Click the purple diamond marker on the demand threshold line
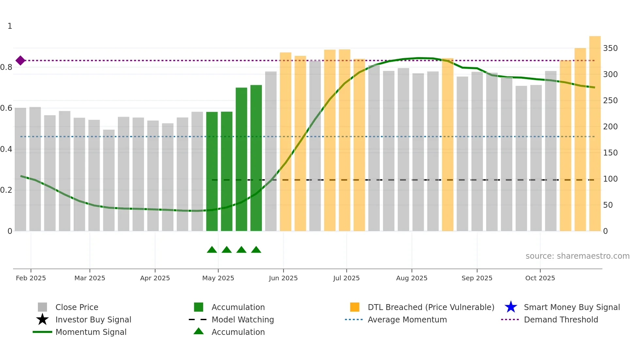20,60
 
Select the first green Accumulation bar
212,172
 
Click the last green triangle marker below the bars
256,250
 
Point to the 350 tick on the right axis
610,48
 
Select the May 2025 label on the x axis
218,278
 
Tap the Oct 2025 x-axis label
540,278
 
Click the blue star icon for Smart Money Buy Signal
511,307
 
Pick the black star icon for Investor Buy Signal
42,319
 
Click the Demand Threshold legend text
561,319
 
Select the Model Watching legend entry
243,319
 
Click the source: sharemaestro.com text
577,256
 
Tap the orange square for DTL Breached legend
355,307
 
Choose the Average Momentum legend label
407,319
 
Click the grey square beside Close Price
42,307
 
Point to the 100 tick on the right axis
610,179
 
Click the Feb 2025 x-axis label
31,278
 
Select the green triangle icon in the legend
199,331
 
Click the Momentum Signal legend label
91,332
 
